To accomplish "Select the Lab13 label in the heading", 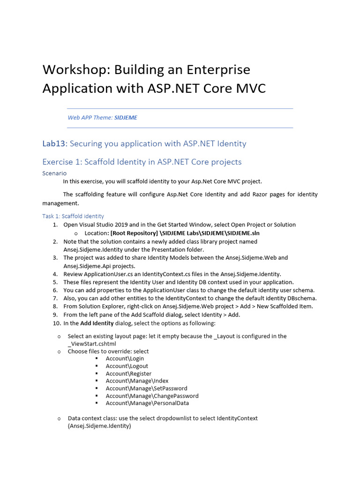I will [54, 143].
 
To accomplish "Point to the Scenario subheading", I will [54, 173].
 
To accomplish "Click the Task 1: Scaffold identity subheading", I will [73, 216].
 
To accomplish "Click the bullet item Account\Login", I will [125, 359].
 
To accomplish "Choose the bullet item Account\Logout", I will [127, 366].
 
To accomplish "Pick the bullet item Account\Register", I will [128, 374].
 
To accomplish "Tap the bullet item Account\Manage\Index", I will [137, 381].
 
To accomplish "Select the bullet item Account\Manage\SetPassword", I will [146, 388].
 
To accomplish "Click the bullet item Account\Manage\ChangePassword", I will [152, 396].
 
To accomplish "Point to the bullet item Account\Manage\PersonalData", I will [147, 403].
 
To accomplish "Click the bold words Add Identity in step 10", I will [97, 323].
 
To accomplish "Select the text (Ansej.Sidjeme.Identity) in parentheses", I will [99, 426].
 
